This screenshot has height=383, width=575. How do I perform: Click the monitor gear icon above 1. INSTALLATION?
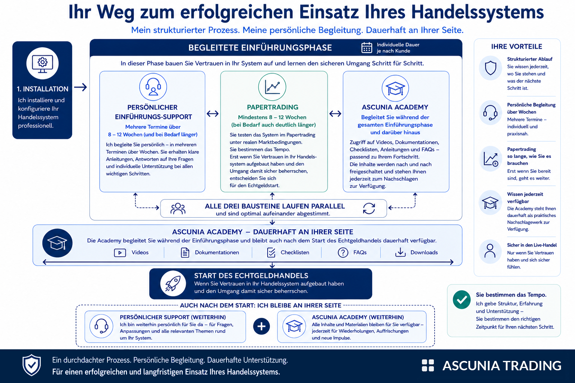pos(42,64)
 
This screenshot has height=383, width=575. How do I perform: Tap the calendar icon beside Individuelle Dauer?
pos(366,48)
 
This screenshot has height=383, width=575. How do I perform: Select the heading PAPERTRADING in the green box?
pos(273,107)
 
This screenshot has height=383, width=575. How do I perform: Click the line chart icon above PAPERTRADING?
pos(272,87)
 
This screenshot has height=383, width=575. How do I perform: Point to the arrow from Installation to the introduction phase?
pos(80,87)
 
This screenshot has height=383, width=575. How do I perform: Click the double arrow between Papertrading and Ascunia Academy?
pos(335,113)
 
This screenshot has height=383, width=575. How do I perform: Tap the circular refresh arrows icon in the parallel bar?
pos(369,208)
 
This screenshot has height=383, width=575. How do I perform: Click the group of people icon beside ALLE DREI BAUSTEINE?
pos(178,209)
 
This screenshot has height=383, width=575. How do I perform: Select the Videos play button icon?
pos(120,253)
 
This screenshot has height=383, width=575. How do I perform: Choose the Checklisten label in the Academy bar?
pos(295,252)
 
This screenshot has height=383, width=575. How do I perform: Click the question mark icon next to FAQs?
pos(343,253)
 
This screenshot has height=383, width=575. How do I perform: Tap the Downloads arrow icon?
pos(400,252)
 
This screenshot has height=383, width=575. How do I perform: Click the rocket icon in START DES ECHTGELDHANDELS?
pos(173,284)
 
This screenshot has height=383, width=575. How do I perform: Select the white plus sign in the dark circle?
pos(261,326)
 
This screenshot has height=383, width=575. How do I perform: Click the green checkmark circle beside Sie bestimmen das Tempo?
pos(462,300)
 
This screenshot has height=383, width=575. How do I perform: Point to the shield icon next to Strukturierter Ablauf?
pos(490,68)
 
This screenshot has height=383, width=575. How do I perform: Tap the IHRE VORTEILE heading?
pos(517,46)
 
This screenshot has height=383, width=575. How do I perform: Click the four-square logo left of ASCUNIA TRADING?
pos(428,365)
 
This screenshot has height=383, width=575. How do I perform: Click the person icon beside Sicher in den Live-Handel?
pos(490,251)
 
